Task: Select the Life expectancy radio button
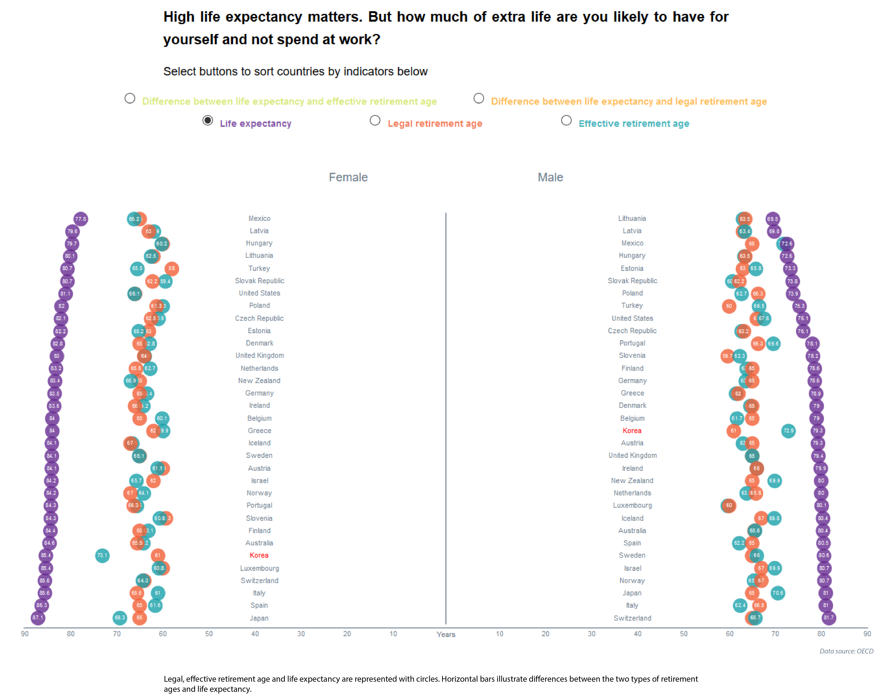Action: (208, 120)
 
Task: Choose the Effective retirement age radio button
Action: (566, 120)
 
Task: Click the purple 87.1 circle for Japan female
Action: (38, 618)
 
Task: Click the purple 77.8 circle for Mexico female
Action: (81, 219)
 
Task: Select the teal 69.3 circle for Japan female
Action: (120, 618)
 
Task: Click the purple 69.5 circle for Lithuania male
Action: (772, 219)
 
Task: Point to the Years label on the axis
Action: (446, 634)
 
